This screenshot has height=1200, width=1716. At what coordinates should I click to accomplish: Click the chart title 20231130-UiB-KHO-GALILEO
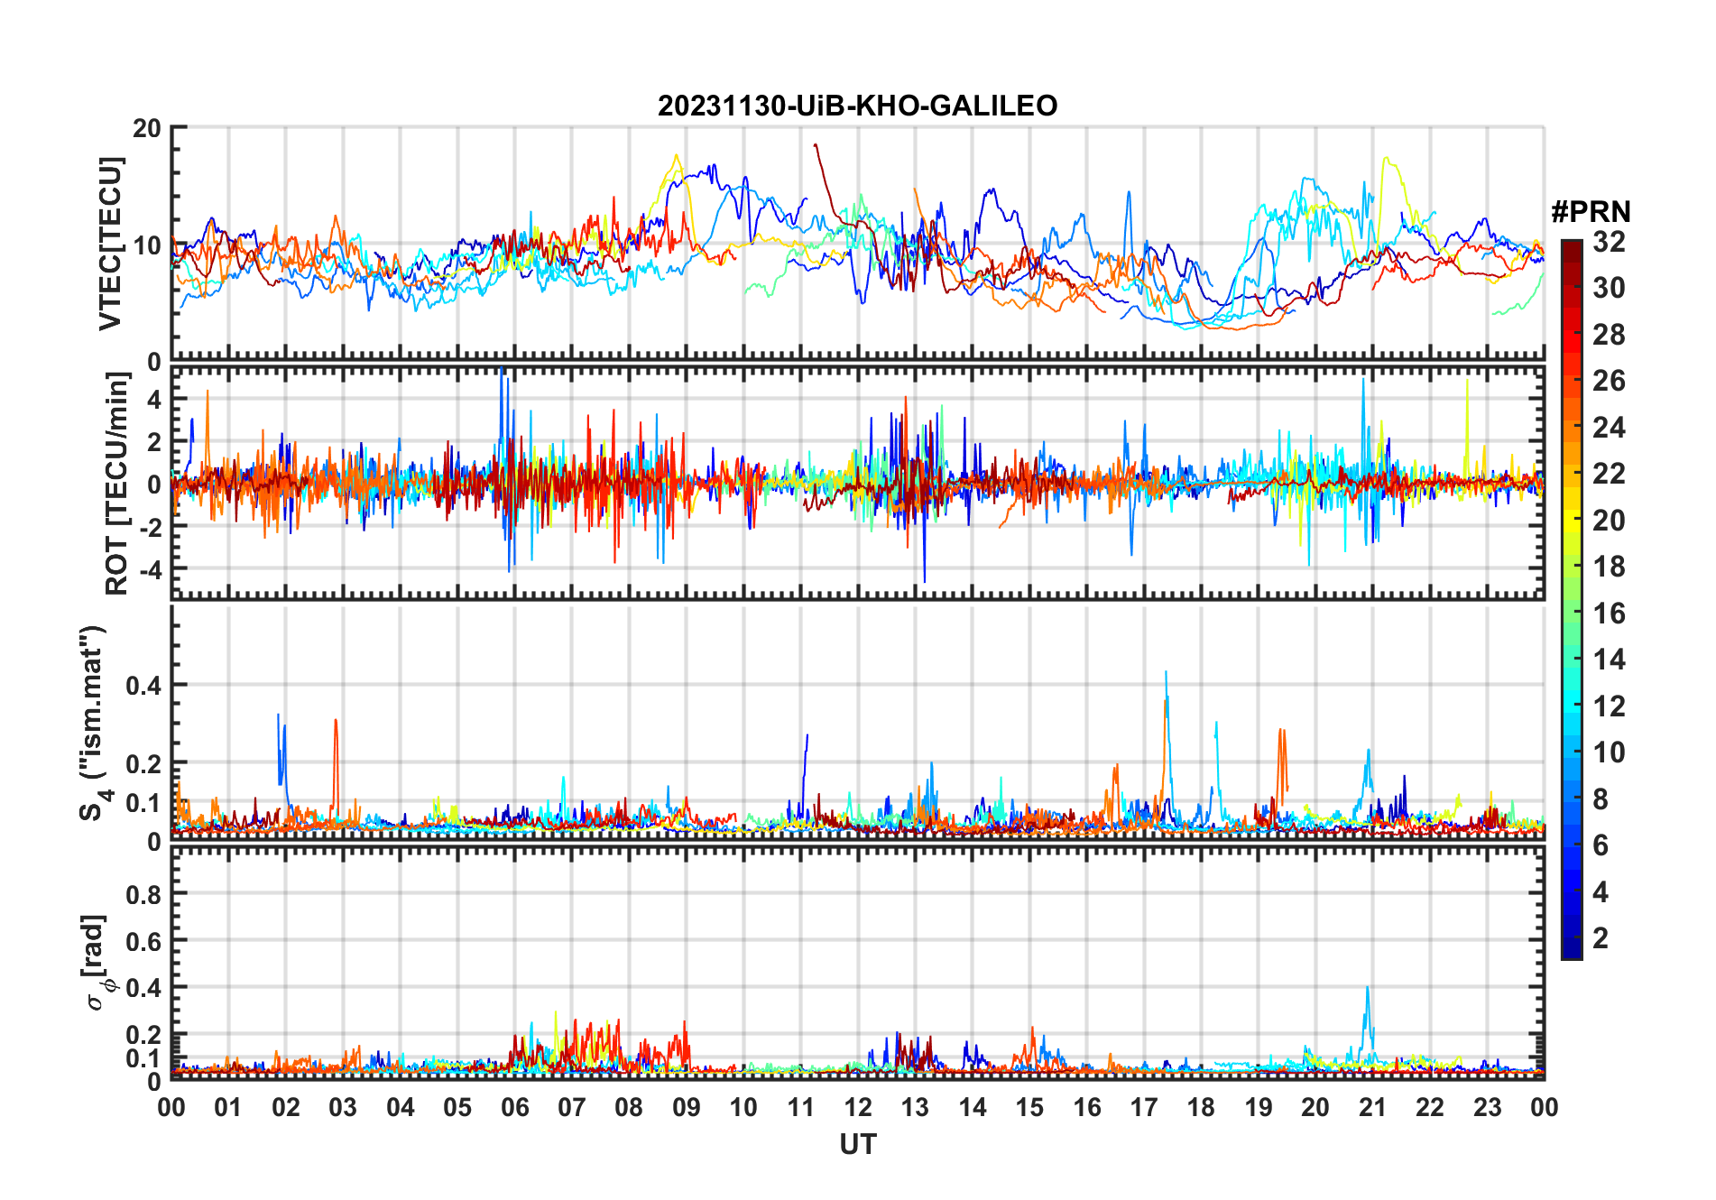coord(857,106)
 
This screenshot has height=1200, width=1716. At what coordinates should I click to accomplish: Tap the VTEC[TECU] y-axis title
coord(110,244)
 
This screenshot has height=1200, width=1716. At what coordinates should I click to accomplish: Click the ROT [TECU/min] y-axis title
coord(117,484)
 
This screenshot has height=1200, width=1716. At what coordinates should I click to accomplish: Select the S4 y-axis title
coord(94,723)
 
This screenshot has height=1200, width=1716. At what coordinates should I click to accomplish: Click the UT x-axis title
coord(857,1145)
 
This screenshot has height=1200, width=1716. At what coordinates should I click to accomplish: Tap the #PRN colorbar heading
coord(1591,212)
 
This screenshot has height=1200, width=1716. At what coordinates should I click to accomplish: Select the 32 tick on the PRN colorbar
coord(1609,242)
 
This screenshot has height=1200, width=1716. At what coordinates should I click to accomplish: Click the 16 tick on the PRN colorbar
coord(1609,614)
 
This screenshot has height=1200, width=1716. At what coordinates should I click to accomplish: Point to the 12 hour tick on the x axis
coord(858,1108)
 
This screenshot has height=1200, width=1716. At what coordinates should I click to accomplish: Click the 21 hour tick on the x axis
coord(1372,1108)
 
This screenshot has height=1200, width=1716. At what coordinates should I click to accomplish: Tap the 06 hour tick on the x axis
coord(515,1108)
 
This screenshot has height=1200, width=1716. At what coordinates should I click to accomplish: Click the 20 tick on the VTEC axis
coord(147,128)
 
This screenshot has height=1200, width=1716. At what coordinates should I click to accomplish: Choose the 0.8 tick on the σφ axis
coord(143,894)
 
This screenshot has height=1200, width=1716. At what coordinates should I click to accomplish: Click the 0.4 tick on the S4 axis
coord(143,685)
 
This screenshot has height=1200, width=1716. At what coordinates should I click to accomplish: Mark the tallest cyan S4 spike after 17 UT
coord(1166,672)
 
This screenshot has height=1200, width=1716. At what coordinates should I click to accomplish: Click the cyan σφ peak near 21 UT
coord(1367,988)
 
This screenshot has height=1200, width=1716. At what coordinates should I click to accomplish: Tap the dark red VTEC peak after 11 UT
coord(815,144)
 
